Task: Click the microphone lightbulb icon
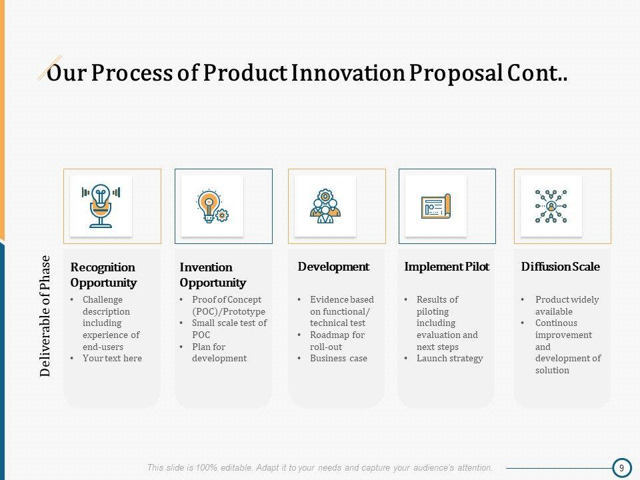pos(101,206)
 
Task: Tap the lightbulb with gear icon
pos(212,206)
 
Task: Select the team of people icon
pos(325,206)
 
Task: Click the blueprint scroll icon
pos(436,206)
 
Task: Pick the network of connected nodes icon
pos(551,206)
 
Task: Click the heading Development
pos(333,267)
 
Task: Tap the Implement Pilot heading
pos(447,267)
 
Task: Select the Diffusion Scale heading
pos(561,267)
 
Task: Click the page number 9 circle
pos(621,468)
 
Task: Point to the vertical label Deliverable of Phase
pos(45,316)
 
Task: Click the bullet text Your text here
pos(112,359)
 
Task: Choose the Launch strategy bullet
pos(450,359)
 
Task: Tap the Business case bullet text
pos(339,359)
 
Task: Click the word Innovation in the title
pos(348,73)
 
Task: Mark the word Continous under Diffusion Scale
pos(556,323)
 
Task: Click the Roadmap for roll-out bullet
pos(337,341)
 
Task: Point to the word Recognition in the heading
pos(103,268)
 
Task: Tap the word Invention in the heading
pos(206,267)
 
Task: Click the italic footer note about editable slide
pos(320,468)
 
